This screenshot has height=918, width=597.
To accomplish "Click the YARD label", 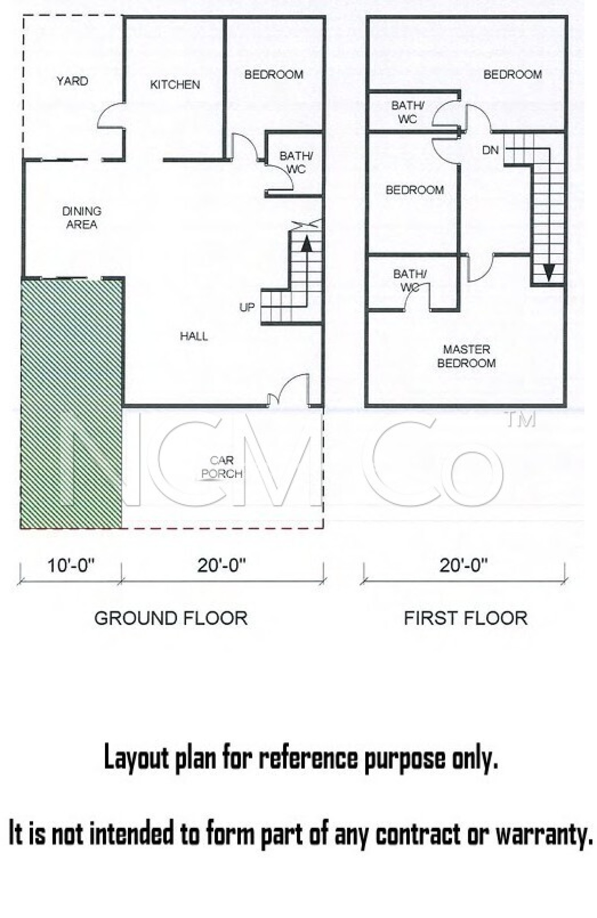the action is pos(72,81).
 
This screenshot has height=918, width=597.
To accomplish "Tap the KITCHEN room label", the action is pos(175,84).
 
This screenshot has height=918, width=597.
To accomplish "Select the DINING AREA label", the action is pos(82,217).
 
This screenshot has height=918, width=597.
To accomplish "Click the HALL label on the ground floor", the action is pos(194,336).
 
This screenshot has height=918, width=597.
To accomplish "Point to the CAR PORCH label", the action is pos(222,467).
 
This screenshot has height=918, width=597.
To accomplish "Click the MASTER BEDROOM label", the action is pos(466,356).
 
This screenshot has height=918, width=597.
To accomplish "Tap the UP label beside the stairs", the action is pos(247,307).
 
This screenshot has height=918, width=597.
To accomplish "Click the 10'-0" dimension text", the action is pos(71,566).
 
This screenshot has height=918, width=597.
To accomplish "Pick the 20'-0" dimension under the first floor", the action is pos(463,566).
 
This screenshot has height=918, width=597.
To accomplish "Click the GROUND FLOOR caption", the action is pos(171,619).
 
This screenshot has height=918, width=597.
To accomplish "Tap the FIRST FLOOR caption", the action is pos(466,619).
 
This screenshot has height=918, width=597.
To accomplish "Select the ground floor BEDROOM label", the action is pos(274,74).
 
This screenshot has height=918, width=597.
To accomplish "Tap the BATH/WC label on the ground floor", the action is pos(296,162).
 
